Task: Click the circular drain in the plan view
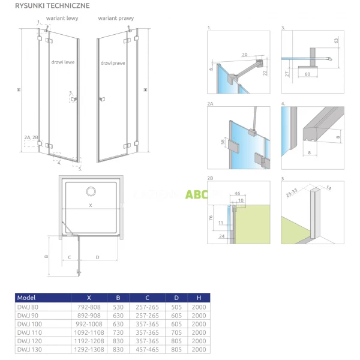(91, 191)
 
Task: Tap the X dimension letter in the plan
(91, 205)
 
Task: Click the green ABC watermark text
(196, 194)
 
